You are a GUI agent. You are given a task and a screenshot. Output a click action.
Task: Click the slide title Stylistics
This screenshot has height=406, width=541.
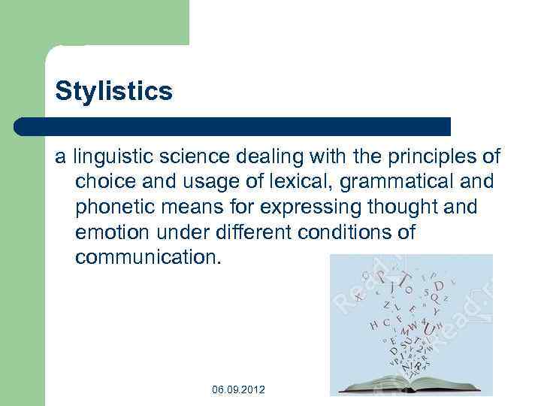(x=113, y=92)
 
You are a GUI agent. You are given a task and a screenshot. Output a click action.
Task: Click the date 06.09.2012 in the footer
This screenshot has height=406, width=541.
(x=238, y=389)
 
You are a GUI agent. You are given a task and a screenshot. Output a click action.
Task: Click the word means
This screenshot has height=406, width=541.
(x=197, y=207)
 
